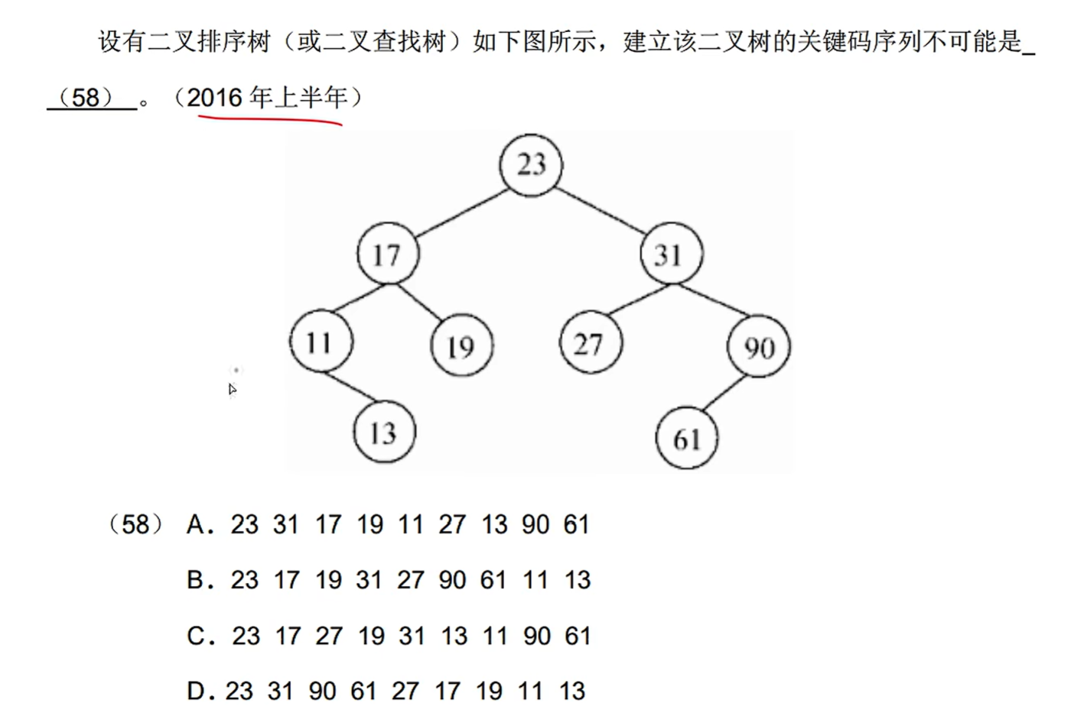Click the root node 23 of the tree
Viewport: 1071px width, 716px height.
click(531, 165)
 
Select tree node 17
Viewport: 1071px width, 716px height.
click(388, 254)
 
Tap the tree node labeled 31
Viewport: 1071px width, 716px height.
click(671, 254)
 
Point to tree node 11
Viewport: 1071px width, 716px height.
click(321, 342)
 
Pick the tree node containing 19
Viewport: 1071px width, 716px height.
click(462, 346)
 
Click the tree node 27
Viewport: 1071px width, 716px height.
click(591, 343)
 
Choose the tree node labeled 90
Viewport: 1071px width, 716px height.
click(759, 348)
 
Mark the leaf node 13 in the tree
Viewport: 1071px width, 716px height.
click(384, 433)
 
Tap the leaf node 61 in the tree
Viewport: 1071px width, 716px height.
click(686, 438)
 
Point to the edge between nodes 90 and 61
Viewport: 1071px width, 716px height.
click(724, 393)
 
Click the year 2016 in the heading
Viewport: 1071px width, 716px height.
click(214, 98)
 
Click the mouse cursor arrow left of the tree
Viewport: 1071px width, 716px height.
click(232, 390)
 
